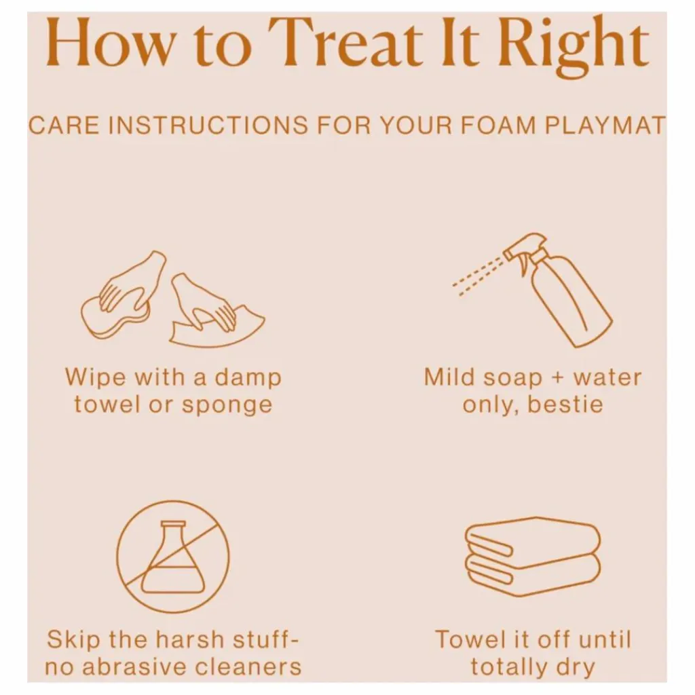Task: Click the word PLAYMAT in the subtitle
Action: (x=605, y=125)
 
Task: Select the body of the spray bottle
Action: (x=571, y=301)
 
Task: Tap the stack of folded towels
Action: (x=533, y=557)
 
